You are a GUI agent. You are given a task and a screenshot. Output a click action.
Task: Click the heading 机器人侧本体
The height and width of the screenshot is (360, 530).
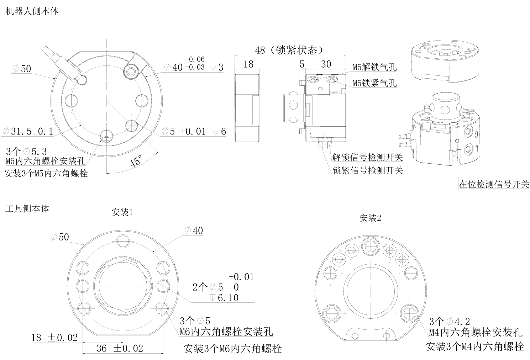tap(32, 11)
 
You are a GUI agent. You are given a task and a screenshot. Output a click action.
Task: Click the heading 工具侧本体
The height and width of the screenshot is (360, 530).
tap(27, 208)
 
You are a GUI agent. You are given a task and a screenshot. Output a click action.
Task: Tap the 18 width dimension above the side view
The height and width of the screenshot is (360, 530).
tap(248, 64)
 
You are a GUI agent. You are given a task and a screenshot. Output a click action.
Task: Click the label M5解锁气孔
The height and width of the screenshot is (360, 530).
tap(374, 67)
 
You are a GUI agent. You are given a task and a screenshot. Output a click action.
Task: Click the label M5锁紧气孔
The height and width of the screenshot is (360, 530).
tap(374, 83)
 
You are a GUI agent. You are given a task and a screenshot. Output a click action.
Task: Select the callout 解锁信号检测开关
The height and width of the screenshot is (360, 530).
tap(367, 157)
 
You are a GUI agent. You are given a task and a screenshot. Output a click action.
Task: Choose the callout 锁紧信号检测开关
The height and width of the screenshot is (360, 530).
tap(367, 170)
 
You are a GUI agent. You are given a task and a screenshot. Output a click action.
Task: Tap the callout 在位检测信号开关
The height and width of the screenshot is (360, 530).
tap(494, 184)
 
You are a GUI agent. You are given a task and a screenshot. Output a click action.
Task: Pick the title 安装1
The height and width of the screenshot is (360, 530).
tap(122, 212)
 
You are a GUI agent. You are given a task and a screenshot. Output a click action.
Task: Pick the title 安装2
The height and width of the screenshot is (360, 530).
tap(370, 218)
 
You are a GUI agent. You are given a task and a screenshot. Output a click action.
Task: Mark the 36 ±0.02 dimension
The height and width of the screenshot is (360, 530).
tap(120, 348)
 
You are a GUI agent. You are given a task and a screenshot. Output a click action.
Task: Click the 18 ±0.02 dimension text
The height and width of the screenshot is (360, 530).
tap(54, 338)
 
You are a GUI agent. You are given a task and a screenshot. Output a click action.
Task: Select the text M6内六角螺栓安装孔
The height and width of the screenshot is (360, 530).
tap(226, 332)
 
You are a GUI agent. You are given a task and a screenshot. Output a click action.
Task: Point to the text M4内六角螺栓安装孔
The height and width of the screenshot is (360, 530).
tap(475, 332)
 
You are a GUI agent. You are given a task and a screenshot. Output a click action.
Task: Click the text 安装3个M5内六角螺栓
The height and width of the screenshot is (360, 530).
tap(46, 174)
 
